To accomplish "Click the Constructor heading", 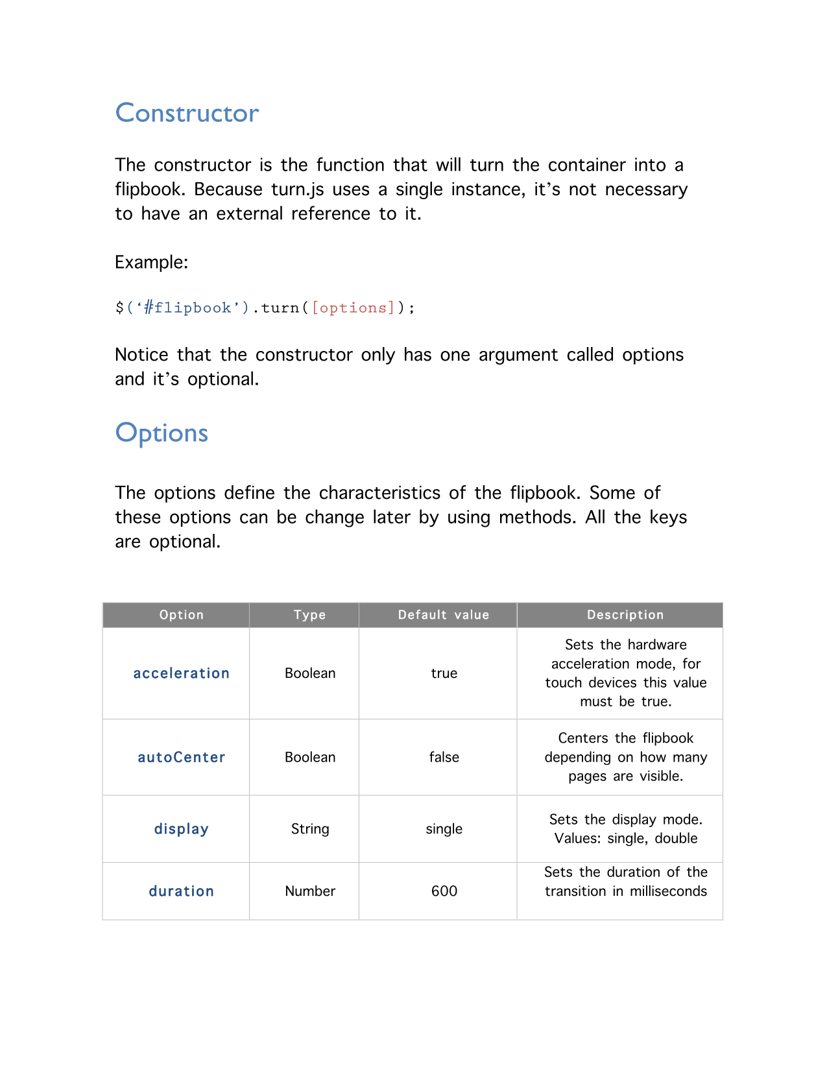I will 187,114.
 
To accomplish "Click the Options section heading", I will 162,433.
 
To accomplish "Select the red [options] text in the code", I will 353,307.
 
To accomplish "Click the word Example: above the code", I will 151,263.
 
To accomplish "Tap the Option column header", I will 182,615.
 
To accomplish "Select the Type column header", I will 309,615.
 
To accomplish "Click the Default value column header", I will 444,615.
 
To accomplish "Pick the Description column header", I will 625,615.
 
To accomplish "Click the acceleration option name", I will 182,673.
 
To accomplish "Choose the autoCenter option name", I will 182,757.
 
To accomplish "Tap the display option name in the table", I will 182,829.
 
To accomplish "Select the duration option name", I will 182,891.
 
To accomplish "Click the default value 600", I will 444,891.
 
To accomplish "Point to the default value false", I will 444,757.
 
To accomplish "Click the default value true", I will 444,673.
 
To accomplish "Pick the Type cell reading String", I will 310,829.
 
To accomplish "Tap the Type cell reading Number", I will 310,891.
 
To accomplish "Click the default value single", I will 444,829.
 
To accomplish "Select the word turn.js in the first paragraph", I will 297,190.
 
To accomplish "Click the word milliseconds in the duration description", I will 668,891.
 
